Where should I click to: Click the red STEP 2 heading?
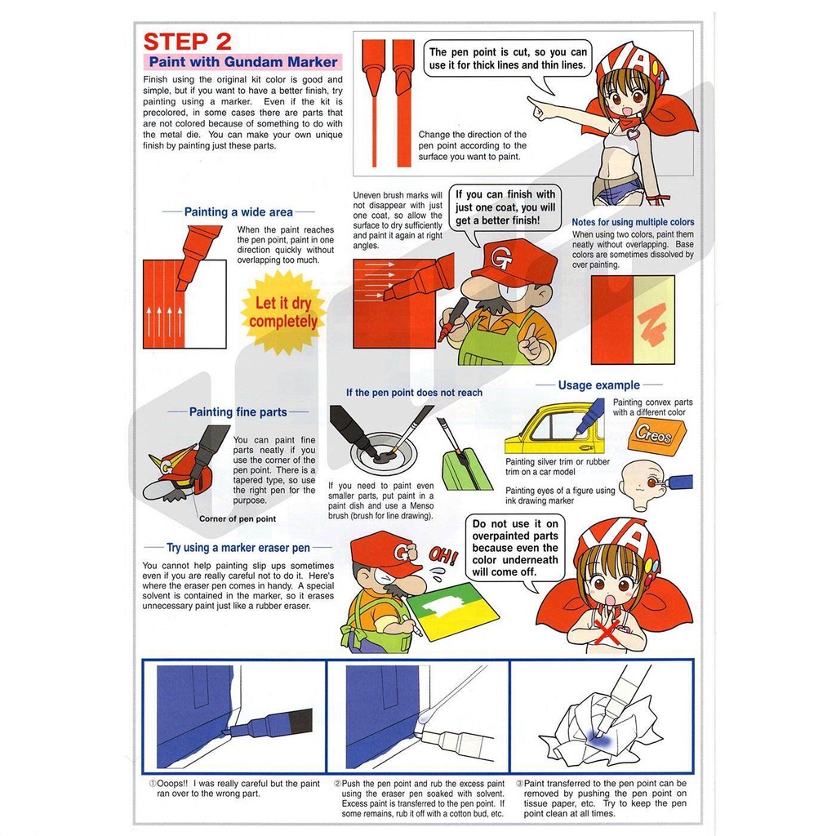187,42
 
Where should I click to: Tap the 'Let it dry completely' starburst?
282,312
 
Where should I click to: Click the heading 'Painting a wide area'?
238,212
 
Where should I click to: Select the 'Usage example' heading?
598,385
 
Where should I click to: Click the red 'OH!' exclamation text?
442,557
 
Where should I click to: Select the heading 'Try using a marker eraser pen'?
238,548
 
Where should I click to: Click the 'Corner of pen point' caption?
238,518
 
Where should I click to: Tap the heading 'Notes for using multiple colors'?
633,222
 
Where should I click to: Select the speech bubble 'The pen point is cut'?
508,60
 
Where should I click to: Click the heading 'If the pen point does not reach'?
414,393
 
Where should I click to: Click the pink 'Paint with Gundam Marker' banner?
242,62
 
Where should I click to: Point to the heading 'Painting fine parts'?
238,412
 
